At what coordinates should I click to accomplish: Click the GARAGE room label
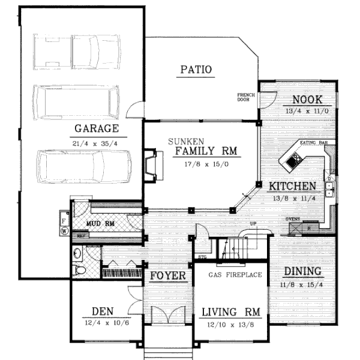(x=96, y=128)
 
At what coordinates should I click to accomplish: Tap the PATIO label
(x=196, y=70)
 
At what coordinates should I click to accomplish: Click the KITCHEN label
(x=292, y=187)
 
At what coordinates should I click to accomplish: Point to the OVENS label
(x=293, y=219)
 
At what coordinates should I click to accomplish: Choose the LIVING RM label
(x=231, y=312)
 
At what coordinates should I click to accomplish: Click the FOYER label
(x=167, y=276)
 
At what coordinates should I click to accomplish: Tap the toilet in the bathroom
(x=79, y=271)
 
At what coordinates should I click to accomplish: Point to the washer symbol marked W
(x=64, y=230)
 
